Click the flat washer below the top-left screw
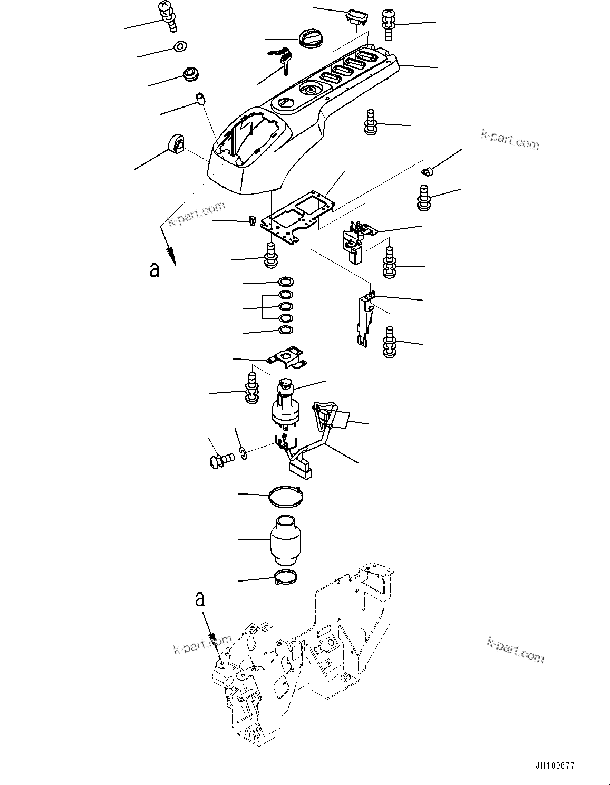180,47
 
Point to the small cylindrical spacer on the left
200,99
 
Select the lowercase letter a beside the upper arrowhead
154,269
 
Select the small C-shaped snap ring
243,453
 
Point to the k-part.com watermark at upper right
510,140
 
